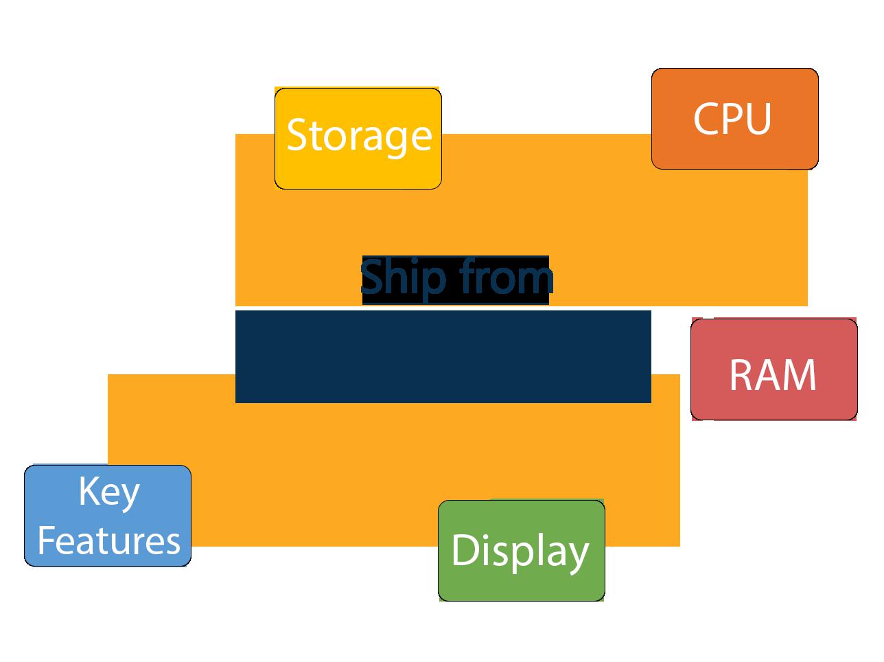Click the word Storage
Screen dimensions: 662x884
[358, 135]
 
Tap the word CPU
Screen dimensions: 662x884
[732, 119]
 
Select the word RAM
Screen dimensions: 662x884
[773, 375]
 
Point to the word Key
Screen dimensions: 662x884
[108, 492]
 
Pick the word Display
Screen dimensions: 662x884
[520, 551]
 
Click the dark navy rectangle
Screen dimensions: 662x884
[443, 356]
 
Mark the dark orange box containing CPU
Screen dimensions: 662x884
[734, 151]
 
